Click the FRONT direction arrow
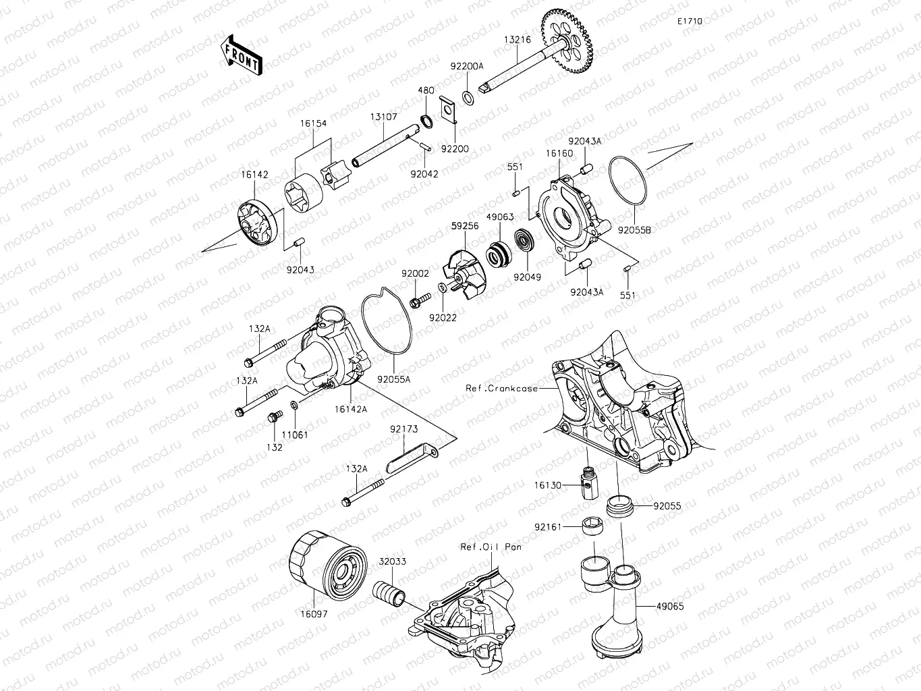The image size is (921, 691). pyautogui.click(x=241, y=55)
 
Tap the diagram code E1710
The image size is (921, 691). pyautogui.click(x=690, y=22)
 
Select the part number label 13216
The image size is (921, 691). pyautogui.click(x=517, y=40)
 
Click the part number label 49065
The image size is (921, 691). pyautogui.click(x=669, y=607)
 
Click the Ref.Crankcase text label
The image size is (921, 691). pyautogui.click(x=502, y=388)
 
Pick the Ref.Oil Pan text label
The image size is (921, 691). pyautogui.click(x=491, y=547)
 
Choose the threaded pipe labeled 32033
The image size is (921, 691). pyautogui.click(x=390, y=592)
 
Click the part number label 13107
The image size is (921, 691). pyautogui.click(x=383, y=117)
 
